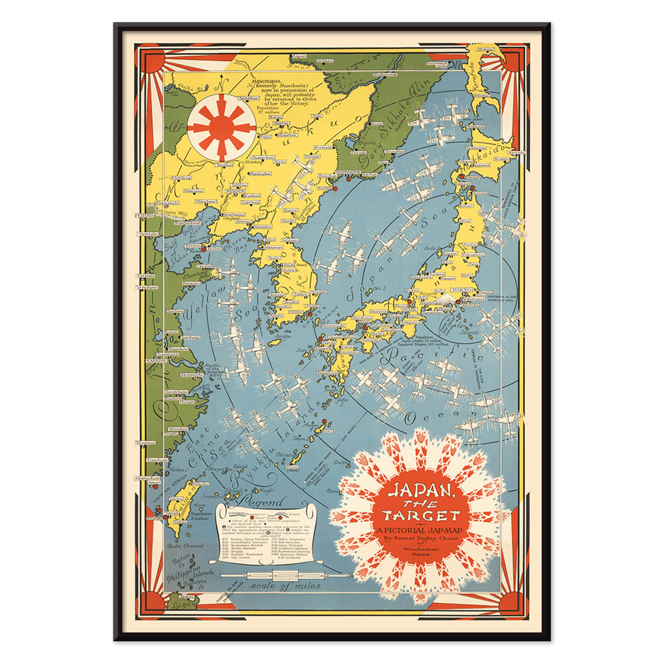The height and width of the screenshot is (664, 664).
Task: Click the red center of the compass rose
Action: pyautogui.click(x=221, y=127)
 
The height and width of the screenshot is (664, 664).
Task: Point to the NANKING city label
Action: pyautogui.click(x=151, y=360)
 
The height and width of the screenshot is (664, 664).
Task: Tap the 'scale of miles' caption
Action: pyautogui.click(x=276, y=585)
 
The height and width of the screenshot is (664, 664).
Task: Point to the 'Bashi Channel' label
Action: pyautogui.click(x=185, y=546)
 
